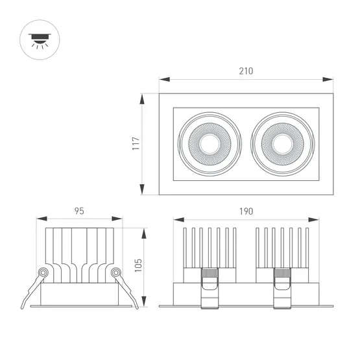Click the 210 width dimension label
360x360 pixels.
click(246, 71)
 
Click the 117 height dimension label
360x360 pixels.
click(136, 144)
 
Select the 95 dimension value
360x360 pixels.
click(79, 211)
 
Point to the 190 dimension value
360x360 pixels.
click(246, 211)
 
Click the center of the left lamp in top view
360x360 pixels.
click(209, 144)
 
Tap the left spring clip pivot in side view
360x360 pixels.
click(43, 273)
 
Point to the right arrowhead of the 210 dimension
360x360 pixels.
click(330, 80)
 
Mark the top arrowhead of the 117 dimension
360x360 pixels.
click(143, 97)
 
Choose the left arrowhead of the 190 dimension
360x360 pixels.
click(176, 219)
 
